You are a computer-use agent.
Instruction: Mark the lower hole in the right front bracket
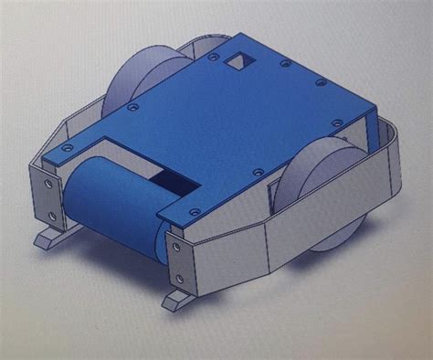point(178,276)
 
